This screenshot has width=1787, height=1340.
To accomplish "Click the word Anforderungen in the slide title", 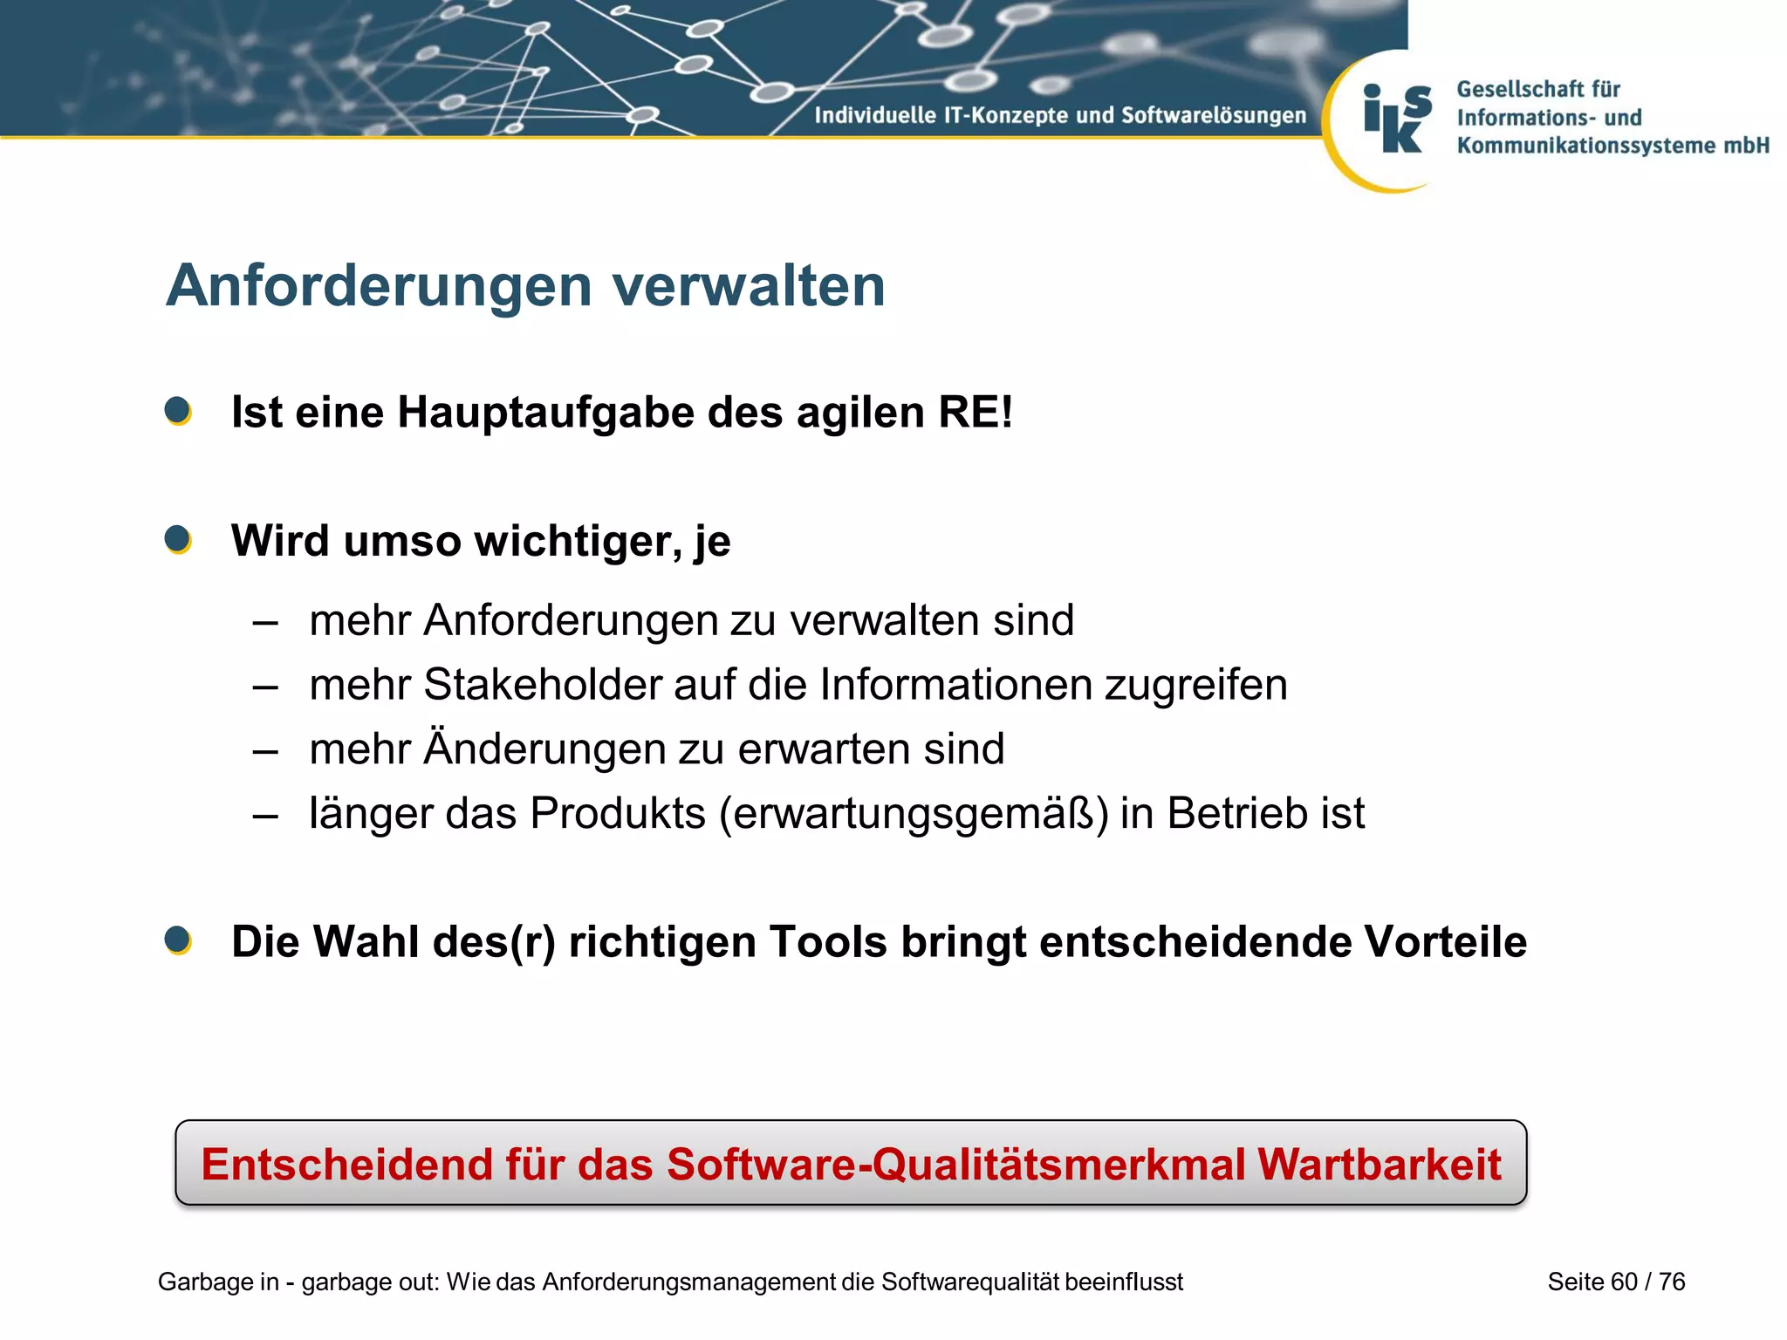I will click(x=380, y=286).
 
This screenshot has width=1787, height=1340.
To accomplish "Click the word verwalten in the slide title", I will click(x=749, y=286).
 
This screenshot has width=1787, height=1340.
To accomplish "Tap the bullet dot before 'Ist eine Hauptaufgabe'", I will click(x=178, y=411).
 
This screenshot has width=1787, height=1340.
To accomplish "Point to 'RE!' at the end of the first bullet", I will click(x=975, y=413).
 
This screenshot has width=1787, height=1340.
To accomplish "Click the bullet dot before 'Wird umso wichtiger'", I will click(x=178, y=539).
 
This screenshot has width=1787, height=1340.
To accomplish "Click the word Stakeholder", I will click(x=542, y=685).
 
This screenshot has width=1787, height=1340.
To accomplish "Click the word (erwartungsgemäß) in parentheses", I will click(x=914, y=814).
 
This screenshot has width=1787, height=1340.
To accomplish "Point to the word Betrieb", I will click(x=1237, y=814).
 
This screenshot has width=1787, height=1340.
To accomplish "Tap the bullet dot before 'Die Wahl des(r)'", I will click(x=178, y=940).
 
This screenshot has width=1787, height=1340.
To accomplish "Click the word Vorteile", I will click(x=1445, y=942).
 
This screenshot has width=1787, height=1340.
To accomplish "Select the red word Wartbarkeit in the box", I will click(x=1379, y=1165).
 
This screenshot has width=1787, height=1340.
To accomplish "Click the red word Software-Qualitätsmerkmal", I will click(x=956, y=1165).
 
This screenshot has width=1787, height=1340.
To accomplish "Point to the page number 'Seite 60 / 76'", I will click(x=1616, y=1282).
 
